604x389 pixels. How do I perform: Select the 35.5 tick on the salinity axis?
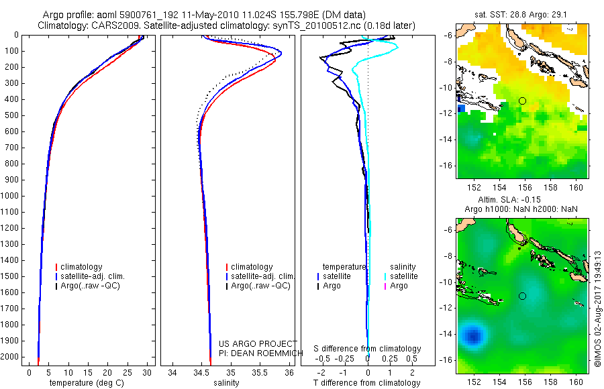pos(260,372)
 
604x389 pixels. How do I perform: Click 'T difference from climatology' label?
pos(368,383)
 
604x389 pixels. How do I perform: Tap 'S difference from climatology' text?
pos(368,349)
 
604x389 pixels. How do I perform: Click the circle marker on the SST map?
pos(522,101)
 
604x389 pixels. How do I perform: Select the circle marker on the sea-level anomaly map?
pos(522,296)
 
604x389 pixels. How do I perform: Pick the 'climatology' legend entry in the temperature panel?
pos(82,267)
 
